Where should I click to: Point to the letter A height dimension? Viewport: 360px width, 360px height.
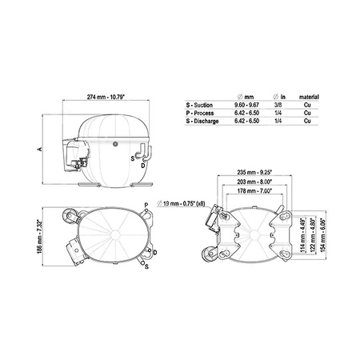[39, 149]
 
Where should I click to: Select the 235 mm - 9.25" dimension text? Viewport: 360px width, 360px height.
[245, 173]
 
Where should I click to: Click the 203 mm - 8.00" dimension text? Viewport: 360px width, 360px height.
[245, 182]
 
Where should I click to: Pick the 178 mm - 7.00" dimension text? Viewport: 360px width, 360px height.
[245, 192]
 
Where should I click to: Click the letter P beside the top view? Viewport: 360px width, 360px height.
[147, 206]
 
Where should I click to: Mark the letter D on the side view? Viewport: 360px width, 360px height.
[142, 166]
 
